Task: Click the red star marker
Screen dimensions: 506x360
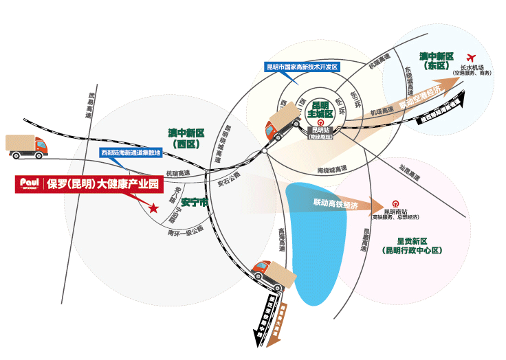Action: pyautogui.click(x=153, y=207)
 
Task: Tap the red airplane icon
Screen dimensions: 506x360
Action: pyautogui.click(x=472, y=57)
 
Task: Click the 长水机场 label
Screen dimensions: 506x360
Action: pyautogui.click(x=472, y=67)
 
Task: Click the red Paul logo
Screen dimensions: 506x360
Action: pyautogui.click(x=28, y=183)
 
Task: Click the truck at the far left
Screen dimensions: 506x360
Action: pyautogui.click(x=27, y=146)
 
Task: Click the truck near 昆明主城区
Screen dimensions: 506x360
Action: pyautogui.click(x=282, y=125)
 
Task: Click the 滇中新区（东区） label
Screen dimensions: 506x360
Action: pyautogui.click(x=437, y=60)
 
